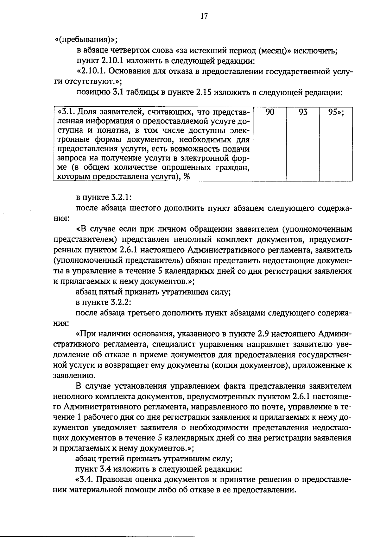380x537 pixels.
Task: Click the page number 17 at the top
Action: coord(204,16)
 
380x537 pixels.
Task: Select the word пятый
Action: coord(110,292)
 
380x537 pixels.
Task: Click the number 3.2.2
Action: coord(121,303)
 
